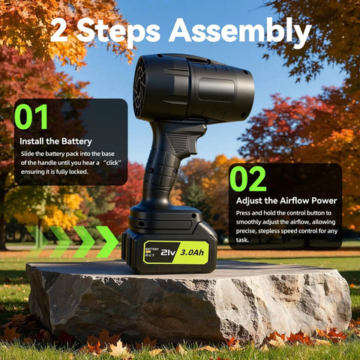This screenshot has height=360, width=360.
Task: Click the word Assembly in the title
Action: (x=240, y=31)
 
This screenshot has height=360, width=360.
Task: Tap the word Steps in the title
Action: (x=118, y=32)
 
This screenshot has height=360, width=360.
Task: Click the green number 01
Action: (x=31, y=117)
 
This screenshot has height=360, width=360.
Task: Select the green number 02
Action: (x=247, y=178)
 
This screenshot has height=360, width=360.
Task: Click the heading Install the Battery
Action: (x=55, y=141)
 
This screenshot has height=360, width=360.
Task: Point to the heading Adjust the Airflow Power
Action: (x=286, y=200)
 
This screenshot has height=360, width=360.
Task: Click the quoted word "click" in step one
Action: (x=112, y=163)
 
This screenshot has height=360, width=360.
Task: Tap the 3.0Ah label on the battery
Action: (x=192, y=252)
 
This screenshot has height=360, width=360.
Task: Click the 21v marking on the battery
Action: (x=168, y=253)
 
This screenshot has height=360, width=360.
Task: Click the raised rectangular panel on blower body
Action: (x=217, y=89)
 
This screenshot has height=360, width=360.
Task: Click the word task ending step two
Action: (x=242, y=240)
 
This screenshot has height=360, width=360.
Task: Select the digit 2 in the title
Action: (x=60, y=30)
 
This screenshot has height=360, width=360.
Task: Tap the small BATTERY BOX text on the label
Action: (x=152, y=252)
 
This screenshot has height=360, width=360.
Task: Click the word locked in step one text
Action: (x=79, y=172)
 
